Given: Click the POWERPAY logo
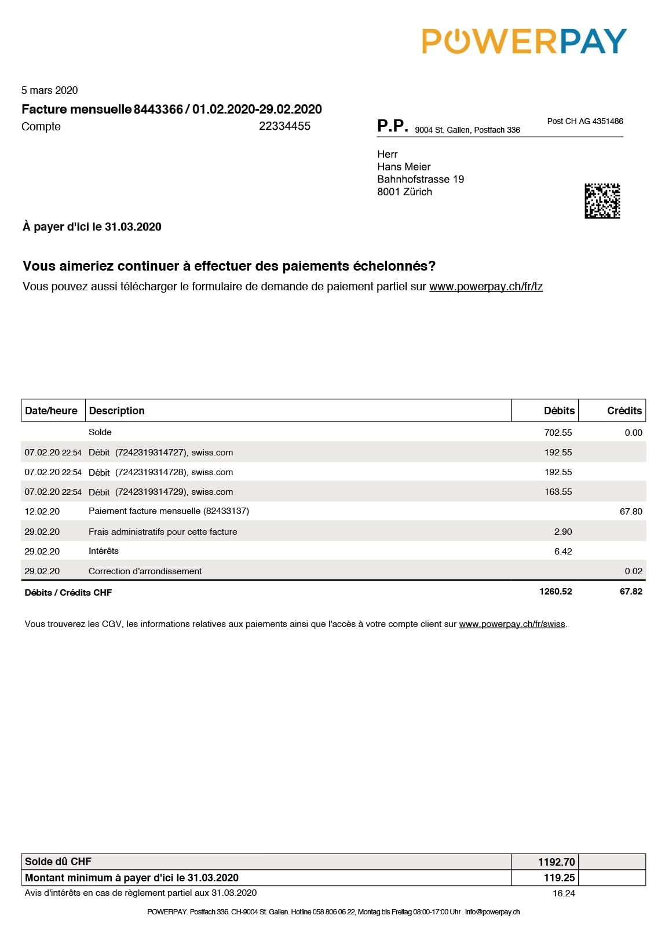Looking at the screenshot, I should click(524, 41).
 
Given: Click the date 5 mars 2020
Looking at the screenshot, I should click(50, 90).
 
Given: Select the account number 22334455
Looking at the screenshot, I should click(284, 126).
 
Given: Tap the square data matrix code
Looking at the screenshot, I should click(602, 201).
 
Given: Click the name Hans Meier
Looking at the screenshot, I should click(404, 167).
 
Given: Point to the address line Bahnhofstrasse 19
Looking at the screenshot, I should click(421, 180).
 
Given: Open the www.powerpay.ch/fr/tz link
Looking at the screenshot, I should click(485, 287).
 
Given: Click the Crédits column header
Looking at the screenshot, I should click(624, 411).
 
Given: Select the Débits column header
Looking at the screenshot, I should click(559, 411).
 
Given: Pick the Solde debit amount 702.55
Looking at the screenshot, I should click(558, 433).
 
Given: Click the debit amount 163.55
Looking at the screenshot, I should click(558, 492).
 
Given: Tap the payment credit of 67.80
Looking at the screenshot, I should click(631, 512).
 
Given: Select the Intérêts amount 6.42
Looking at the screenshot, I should click(563, 552).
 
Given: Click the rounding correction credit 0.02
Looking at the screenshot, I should click(633, 571).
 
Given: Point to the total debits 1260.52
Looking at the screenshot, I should click(556, 592).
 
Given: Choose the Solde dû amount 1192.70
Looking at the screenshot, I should click(556, 862).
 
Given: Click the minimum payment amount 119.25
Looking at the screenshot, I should click(559, 878).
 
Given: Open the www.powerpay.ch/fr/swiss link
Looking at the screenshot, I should click(512, 625).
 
